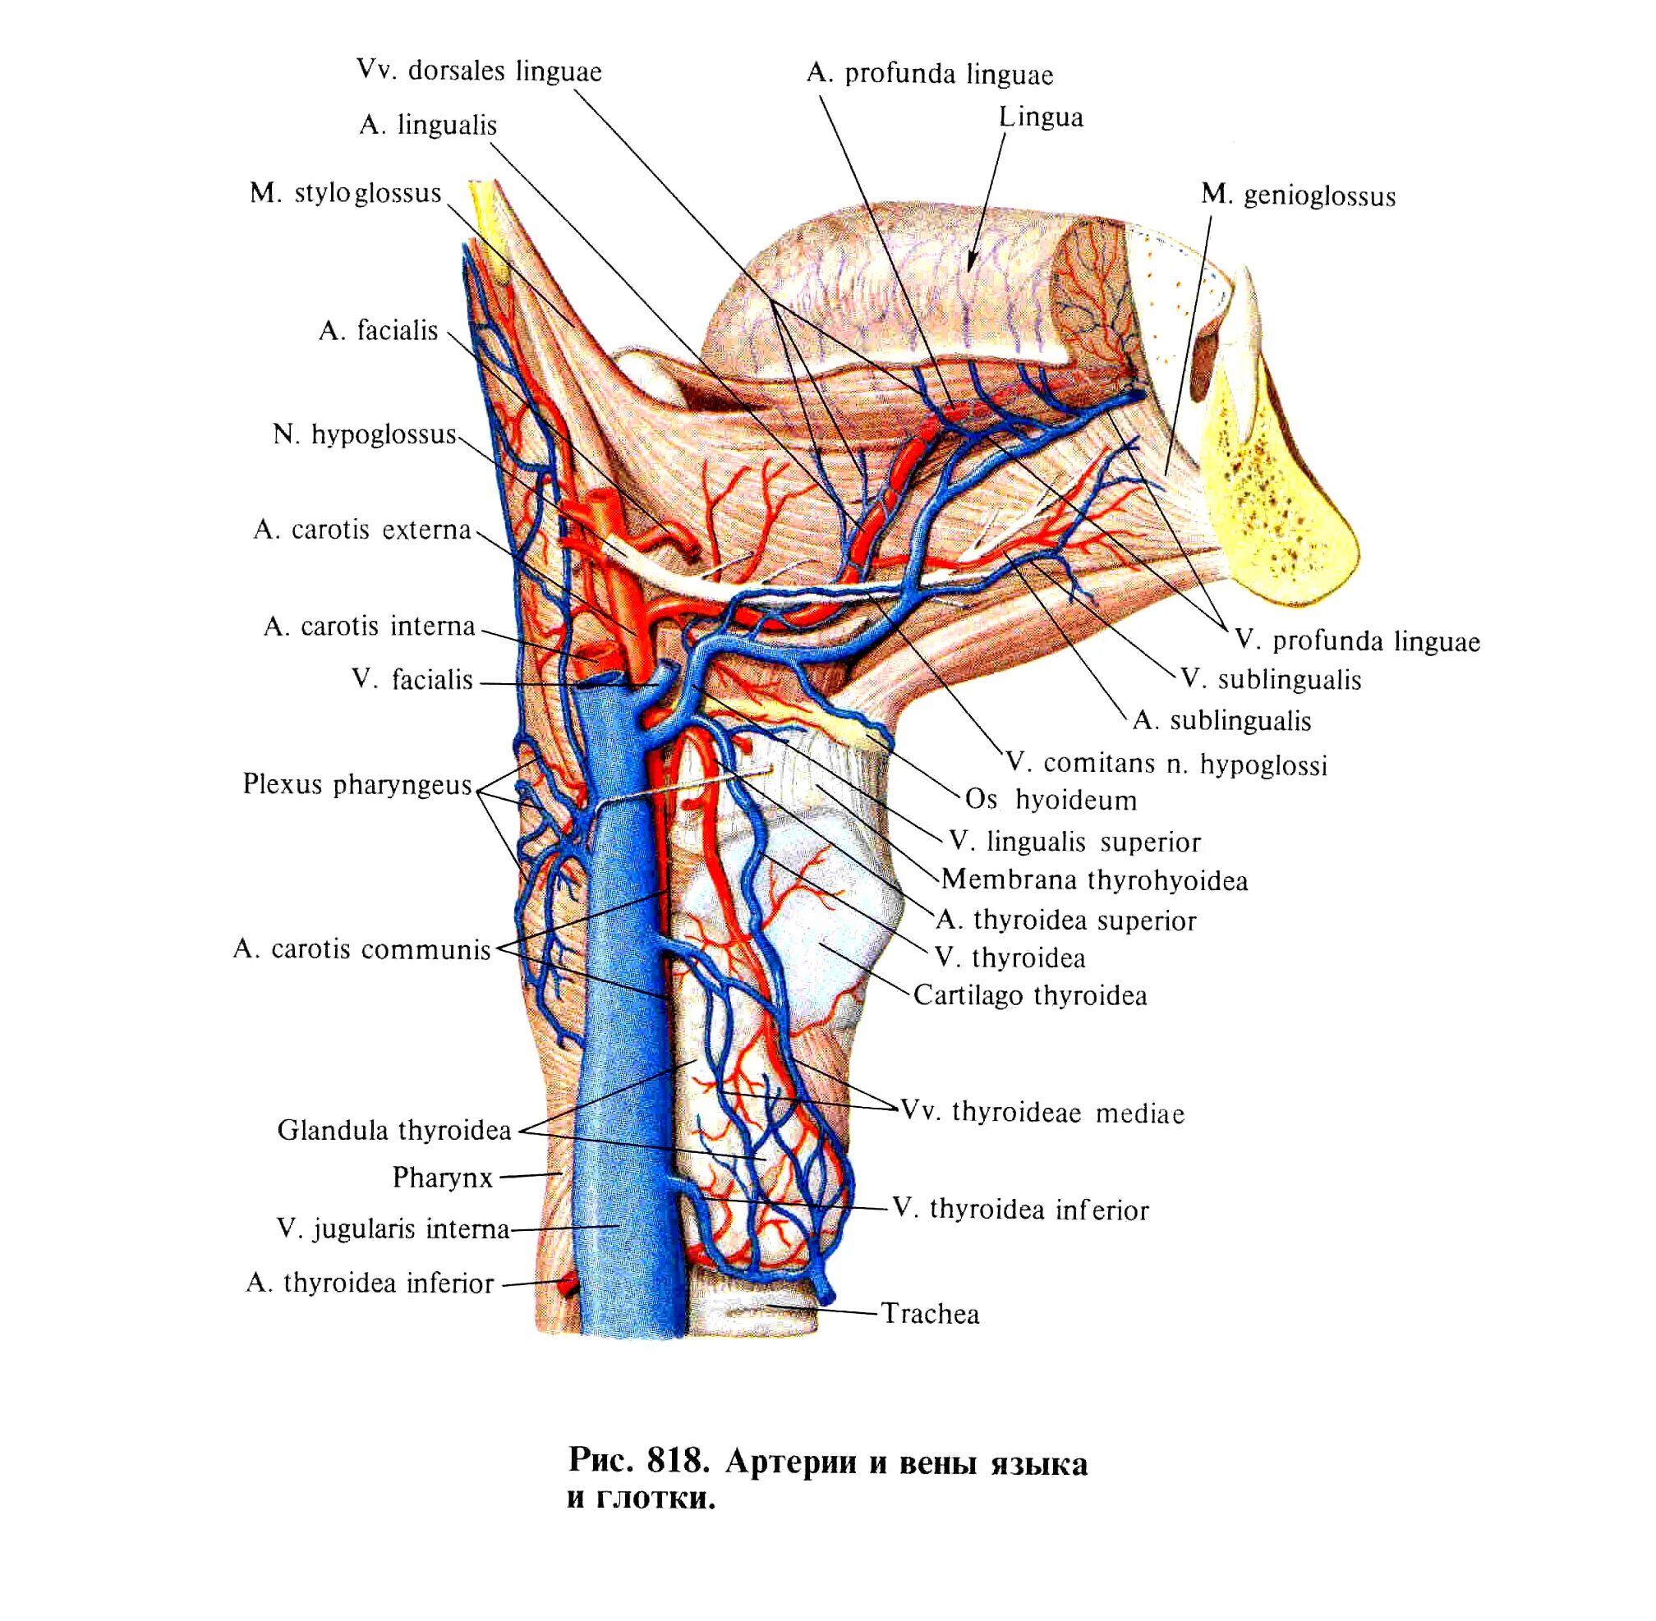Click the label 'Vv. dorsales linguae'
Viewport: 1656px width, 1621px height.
pos(479,71)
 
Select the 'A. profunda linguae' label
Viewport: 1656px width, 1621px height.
pos(929,75)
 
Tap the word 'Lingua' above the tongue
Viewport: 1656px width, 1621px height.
pos(1041,117)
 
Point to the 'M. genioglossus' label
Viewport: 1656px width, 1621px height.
pos(1298,195)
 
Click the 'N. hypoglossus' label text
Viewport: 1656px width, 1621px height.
pos(365,435)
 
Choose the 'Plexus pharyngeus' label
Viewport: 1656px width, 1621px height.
pos(356,784)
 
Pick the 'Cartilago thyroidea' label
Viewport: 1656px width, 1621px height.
pos(1029,995)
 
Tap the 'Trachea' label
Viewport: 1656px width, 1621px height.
pos(930,1314)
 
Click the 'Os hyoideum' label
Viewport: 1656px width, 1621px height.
pos(1050,801)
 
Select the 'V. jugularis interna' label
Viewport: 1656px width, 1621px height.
pos(393,1229)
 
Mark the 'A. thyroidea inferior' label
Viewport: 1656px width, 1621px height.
pos(370,1283)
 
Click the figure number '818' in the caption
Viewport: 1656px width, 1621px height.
pos(678,1461)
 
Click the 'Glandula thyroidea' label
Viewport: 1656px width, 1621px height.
pos(393,1131)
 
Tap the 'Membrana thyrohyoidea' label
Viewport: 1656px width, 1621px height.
pos(1094,880)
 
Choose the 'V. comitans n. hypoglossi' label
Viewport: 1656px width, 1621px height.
pos(1166,764)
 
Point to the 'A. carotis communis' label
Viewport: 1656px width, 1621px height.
pos(362,949)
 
